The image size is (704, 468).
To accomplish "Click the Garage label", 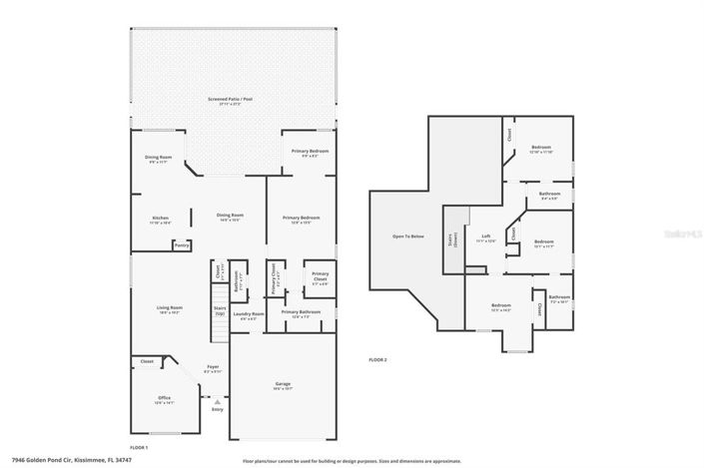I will tap(283, 384).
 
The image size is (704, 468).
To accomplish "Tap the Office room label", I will tap(165, 399).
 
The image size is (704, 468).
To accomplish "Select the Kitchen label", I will tap(160, 220).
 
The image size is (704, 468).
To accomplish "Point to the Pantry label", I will tap(181, 244).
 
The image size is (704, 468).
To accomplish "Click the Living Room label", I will tap(168, 309).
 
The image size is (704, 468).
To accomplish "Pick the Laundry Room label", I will tap(248, 315).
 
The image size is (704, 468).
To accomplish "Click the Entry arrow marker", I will tap(217, 401).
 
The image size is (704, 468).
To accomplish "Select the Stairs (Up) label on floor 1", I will tap(219, 310).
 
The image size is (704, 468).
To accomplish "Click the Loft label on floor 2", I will tap(485, 238).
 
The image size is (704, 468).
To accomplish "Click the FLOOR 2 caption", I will tap(376, 359).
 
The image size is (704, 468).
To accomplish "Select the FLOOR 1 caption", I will tap(139, 447).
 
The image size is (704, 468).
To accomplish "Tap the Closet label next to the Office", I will tap(147, 361).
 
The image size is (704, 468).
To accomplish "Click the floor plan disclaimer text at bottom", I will tap(352, 461).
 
